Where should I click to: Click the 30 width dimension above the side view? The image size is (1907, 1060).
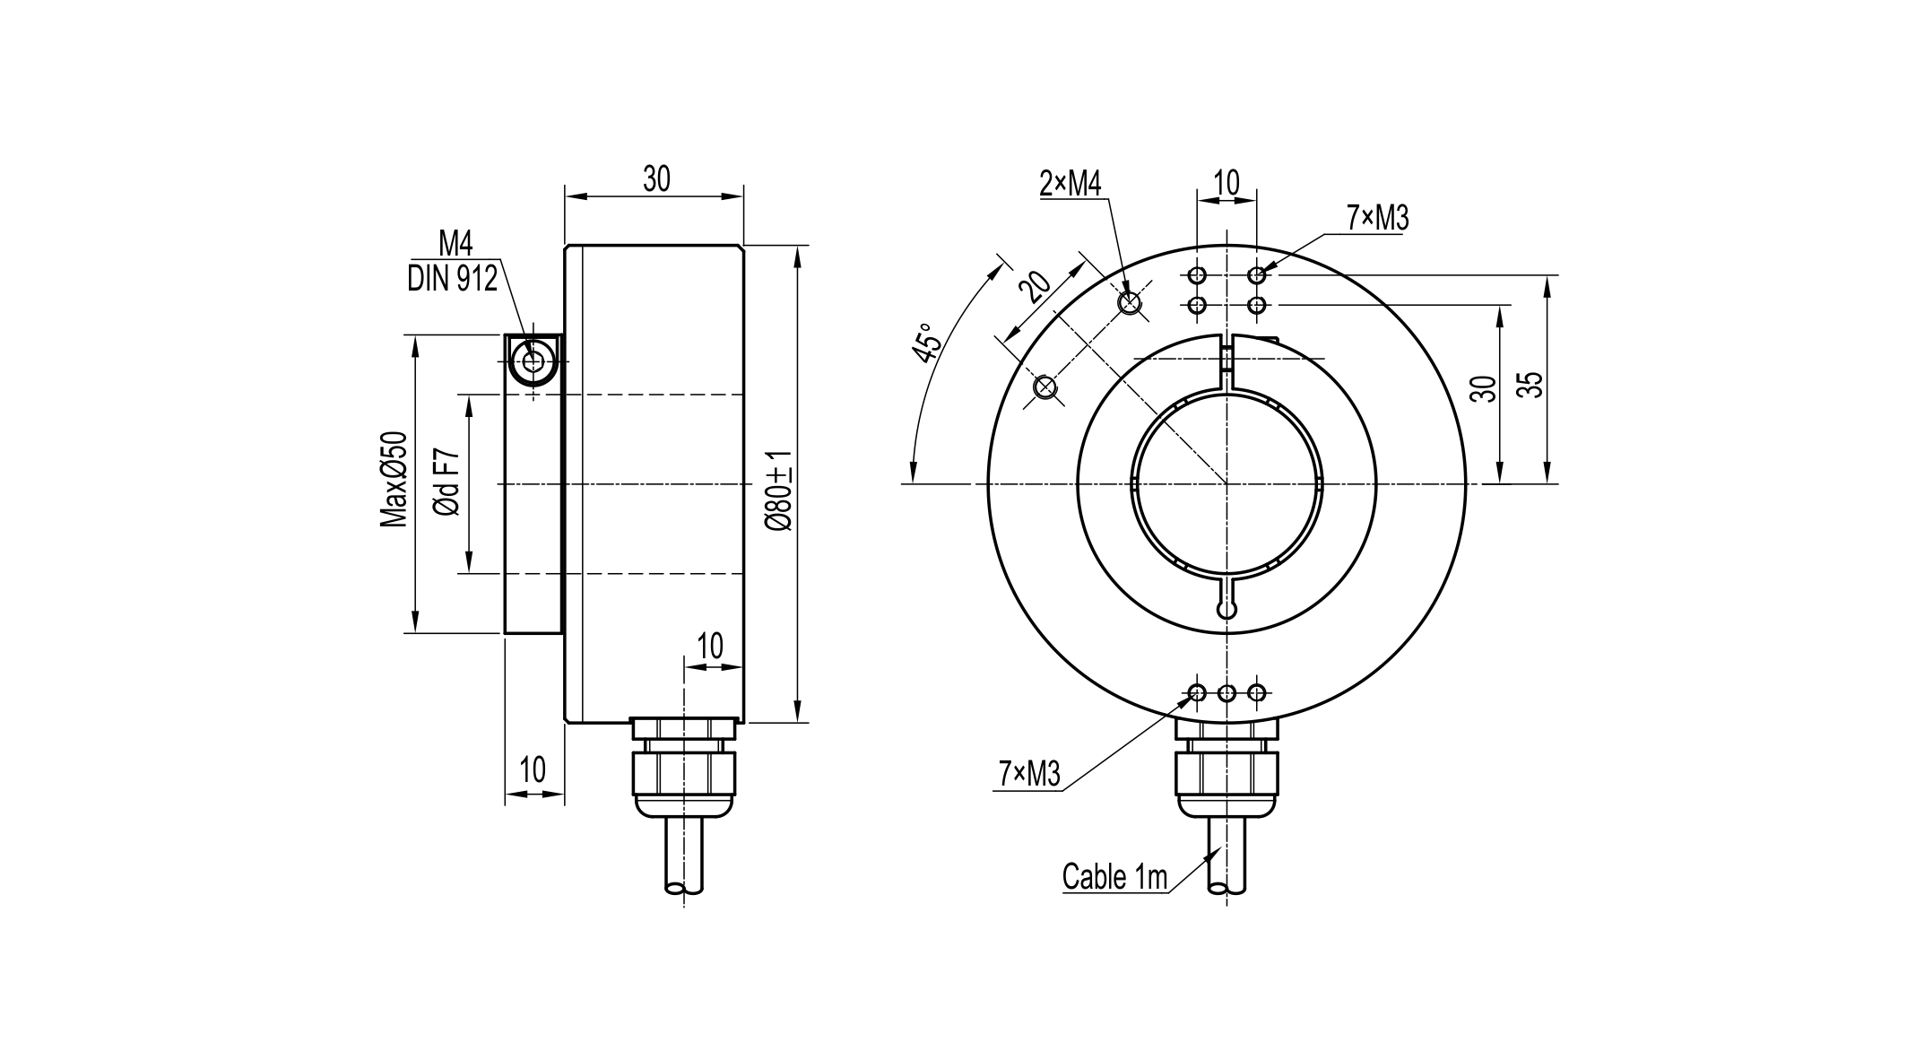click(x=655, y=179)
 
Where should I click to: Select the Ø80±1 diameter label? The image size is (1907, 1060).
click(x=778, y=491)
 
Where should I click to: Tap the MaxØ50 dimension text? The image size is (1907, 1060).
click(x=394, y=480)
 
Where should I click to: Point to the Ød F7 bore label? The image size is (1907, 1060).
click(x=448, y=482)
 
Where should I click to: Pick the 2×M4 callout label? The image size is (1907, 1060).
click(x=1070, y=184)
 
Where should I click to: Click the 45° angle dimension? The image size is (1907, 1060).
click(x=929, y=342)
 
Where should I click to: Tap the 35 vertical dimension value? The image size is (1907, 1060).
click(x=1533, y=384)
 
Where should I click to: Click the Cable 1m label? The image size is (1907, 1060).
click(x=1114, y=876)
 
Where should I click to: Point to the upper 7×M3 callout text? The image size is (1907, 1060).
click(x=1377, y=218)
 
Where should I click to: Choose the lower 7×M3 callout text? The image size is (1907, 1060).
click(x=1029, y=774)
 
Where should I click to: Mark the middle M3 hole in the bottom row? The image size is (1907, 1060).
click(x=1227, y=692)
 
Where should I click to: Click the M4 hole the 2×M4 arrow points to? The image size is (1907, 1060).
click(x=1131, y=303)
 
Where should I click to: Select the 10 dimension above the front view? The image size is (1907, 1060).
click(x=1226, y=183)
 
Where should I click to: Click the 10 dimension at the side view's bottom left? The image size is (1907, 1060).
click(x=533, y=770)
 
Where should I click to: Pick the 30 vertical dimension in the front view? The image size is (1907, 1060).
click(x=1485, y=388)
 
